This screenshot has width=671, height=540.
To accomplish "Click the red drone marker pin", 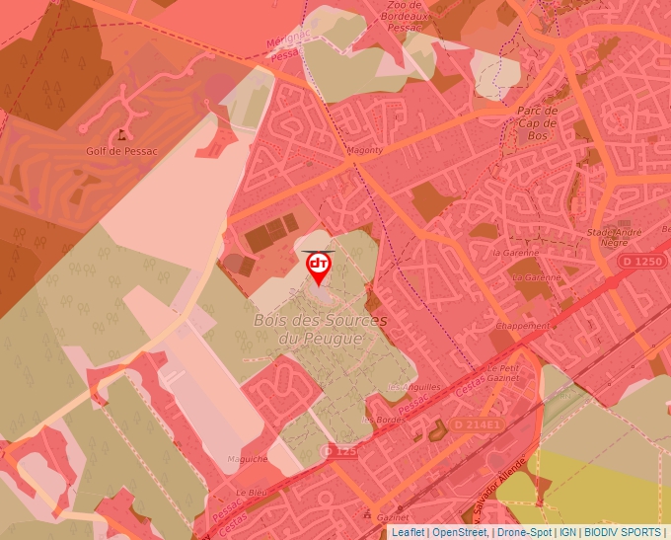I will click(319, 268).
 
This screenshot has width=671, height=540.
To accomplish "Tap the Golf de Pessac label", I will click(122, 150).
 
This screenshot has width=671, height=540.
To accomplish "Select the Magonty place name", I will click(365, 150).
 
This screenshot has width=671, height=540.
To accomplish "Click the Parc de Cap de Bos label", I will click(537, 123).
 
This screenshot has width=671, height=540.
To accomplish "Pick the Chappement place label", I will click(523, 326).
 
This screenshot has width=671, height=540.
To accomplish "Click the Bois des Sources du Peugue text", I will click(320, 329).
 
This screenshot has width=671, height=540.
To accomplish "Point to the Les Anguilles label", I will click(413, 387).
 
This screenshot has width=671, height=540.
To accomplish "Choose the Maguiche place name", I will click(247, 459).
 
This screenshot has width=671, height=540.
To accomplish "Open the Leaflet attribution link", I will click(408, 532).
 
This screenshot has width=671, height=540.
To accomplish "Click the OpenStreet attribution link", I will click(458, 532).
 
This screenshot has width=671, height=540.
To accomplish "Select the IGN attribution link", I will click(567, 532).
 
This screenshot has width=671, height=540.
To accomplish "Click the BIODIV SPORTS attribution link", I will click(623, 532).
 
